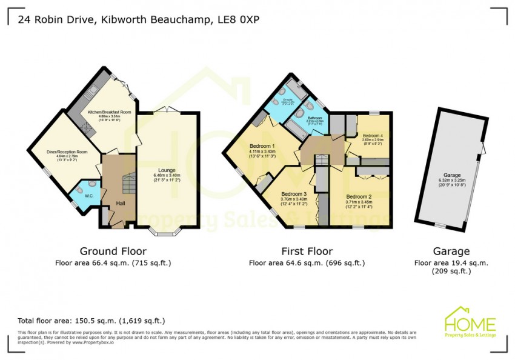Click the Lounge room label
tap(167, 170)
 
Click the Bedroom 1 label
tap(262, 146)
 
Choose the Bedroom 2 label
tap(359, 197)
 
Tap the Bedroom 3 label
tap(294, 195)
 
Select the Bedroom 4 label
tap(373, 135)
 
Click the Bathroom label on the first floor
tap(314, 118)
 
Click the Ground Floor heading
tap(113, 251)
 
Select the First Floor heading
tap(307, 251)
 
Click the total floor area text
tap(91, 321)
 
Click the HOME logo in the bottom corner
tap(470, 322)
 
